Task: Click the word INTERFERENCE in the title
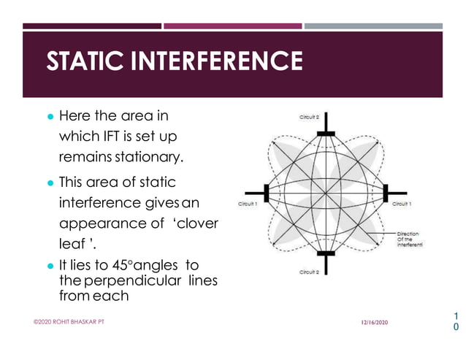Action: [216, 61]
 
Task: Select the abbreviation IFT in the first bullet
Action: [113, 136]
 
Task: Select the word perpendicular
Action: [142, 281]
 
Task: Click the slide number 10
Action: [457, 321]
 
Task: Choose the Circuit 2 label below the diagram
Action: [309, 272]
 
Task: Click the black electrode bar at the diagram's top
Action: [325, 134]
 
